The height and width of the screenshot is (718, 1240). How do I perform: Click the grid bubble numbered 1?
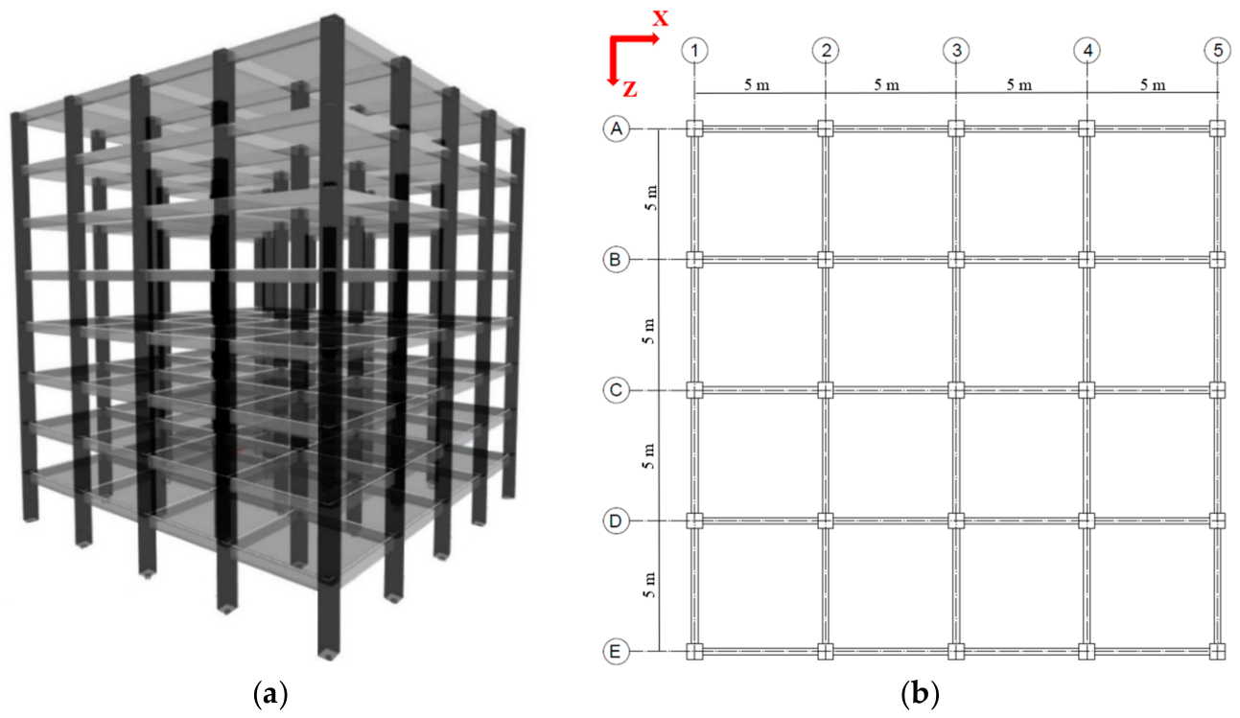pos(694,49)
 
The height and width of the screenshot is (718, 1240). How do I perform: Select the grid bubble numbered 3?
pos(955,49)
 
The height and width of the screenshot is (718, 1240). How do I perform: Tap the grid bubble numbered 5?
pos(1217,49)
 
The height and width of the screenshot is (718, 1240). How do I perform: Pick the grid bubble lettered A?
pos(617,128)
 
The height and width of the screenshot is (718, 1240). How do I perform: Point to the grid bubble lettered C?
pos(617,390)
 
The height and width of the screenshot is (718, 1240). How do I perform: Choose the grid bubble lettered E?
pos(617,652)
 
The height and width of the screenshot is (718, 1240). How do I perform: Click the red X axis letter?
pos(660,16)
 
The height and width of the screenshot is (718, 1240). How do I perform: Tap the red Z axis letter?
pos(628,89)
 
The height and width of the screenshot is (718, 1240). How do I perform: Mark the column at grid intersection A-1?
pos(695,128)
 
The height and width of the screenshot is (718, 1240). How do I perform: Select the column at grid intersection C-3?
pos(956,390)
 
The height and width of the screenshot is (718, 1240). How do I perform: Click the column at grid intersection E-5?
pos(1217,652)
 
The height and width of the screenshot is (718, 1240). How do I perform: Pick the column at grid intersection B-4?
pos(1087,260)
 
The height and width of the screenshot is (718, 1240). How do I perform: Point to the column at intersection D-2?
pos(826,521)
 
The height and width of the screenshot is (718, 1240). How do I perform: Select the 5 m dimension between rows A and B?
pos(650,195)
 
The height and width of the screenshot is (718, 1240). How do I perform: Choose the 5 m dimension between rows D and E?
pos(650,587)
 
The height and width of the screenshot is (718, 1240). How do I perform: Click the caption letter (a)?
pos(269,692)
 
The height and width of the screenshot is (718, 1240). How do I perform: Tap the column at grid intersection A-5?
pos(1217,128)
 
